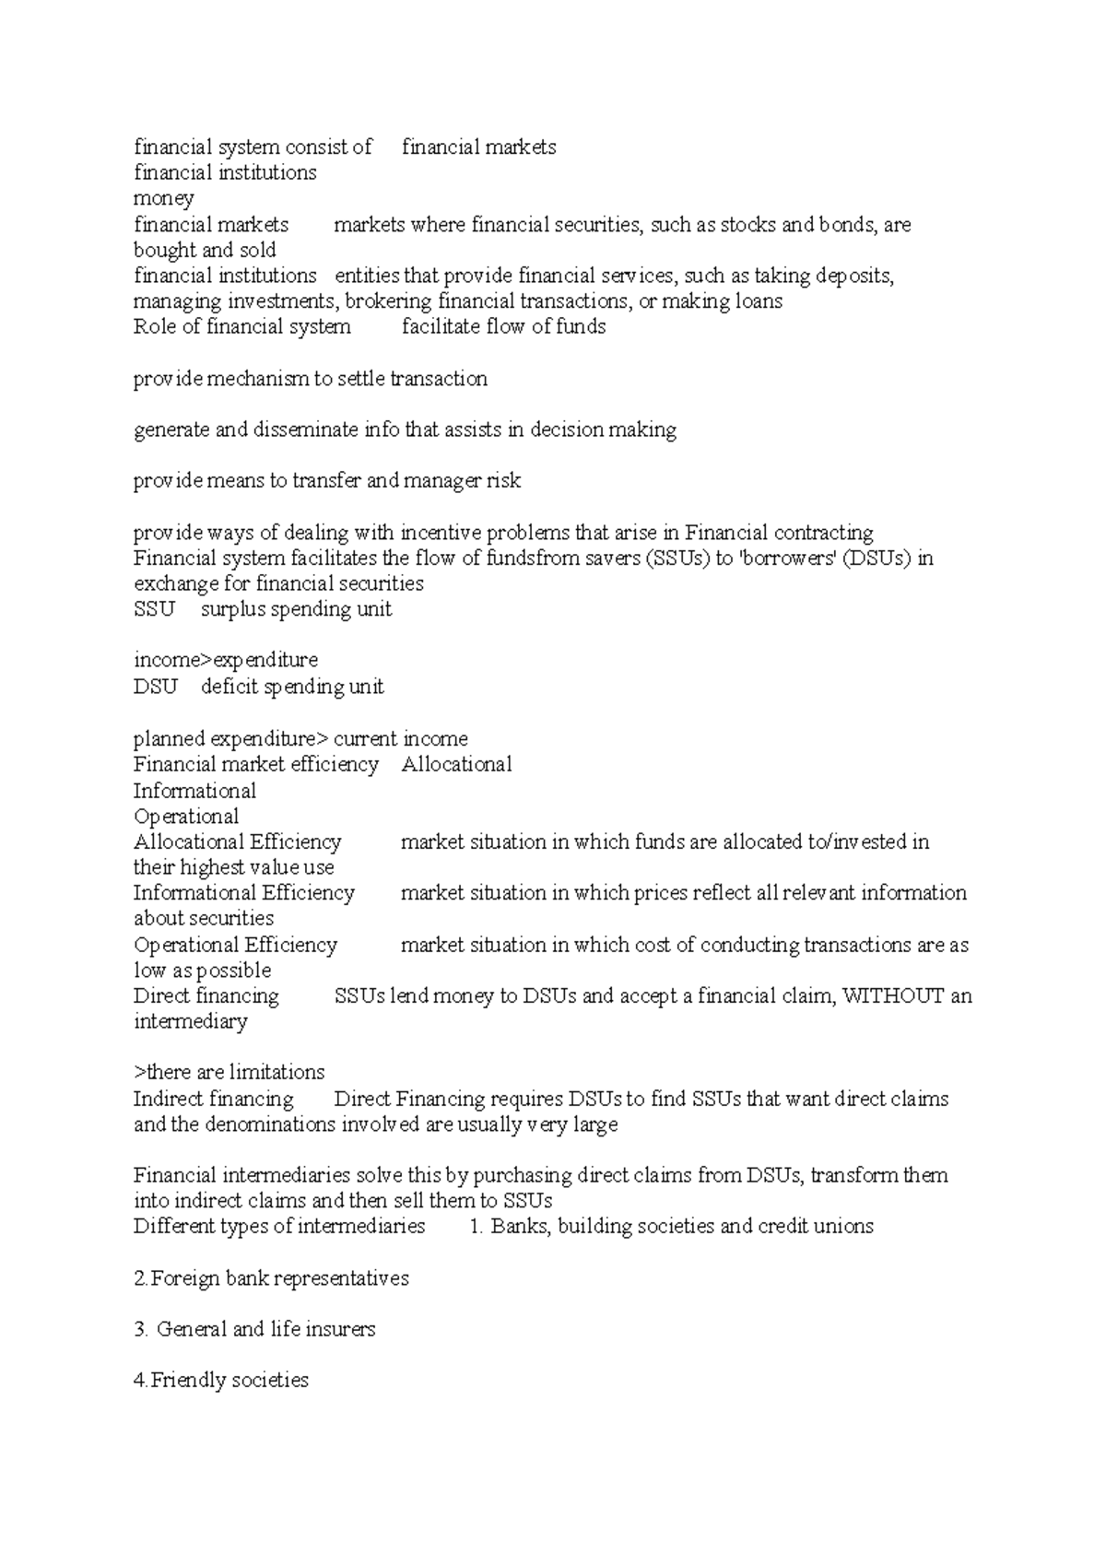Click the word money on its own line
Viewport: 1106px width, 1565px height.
coord(163,199)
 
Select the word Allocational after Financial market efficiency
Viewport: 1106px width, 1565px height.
coord(456,765)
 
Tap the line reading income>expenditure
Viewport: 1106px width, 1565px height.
coord(226,661)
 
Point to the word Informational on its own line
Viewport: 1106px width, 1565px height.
coord(194,792)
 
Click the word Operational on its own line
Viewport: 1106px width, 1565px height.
coord(185,817)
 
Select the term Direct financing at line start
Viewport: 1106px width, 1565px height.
coord(206,996)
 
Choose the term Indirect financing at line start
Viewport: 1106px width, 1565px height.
coord(213,1100)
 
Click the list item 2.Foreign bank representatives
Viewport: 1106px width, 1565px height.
coord(271,1279)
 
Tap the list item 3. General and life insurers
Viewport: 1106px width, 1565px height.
coord(254,1330)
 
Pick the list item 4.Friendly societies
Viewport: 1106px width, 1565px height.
coord(221,1381)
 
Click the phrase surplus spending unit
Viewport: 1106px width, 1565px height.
coord(296,610)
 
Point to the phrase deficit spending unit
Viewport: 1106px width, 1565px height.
coord(292,688)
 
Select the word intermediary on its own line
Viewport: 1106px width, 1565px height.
coord(190,1022)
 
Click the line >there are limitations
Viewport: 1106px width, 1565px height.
coord(229,1073)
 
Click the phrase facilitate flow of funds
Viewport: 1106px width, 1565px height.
coord(503,327)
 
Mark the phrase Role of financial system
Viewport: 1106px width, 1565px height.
coord(241,327)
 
